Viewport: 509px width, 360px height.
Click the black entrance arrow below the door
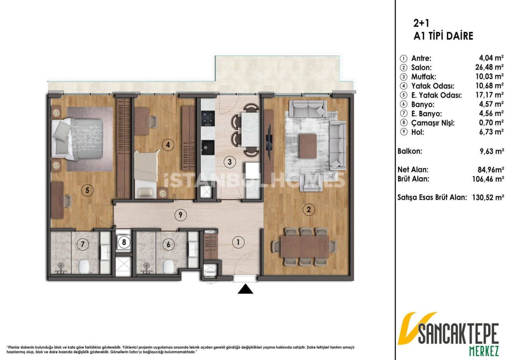pyautogui.click(x=245, y=289)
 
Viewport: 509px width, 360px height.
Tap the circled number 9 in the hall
pyautogui.click(x=180, y=215)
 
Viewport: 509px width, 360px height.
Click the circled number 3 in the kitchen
pyautogui.click(x=229, y=162)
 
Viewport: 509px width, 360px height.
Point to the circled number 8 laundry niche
pyautogui.click(x=124, y=242)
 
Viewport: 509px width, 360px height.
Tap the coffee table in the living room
pyautogui.click(x=309, y=146)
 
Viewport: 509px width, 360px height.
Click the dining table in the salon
pyautogui.click(x=305, y=247)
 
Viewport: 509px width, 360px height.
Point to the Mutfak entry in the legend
pyautogui.click(x=424, y=76)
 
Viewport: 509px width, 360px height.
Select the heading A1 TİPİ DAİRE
pyautogui.click(x=443, y=36)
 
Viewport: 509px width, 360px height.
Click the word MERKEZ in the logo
pyautogui.click(x=472, y=351)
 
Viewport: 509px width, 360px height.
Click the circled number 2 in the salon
pyautogui.click(x=307, y=210)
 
